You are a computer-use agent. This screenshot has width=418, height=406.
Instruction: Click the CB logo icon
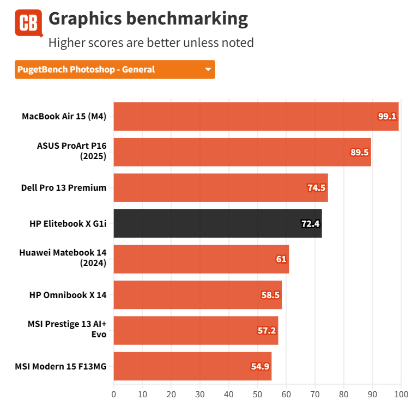(x=28, y=23)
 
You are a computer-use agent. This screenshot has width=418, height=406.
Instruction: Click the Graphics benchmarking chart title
(x=148, y=19)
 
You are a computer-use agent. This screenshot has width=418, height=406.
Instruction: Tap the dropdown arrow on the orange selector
(x=208, y=70)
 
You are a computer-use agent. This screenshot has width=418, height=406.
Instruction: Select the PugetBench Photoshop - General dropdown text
(x=86, y=70)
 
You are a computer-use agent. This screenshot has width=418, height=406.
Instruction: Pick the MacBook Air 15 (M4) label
(x=64, y=116)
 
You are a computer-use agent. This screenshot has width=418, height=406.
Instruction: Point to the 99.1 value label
(x=386, y=116)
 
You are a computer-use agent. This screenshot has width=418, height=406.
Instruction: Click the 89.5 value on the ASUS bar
(x=359, y=152)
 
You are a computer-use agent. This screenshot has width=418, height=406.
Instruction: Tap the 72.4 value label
(x=310, y=223)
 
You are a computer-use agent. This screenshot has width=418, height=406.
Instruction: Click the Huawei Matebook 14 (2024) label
(x=63, y=259)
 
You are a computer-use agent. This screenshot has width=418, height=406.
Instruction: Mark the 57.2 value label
(x=266, y=330)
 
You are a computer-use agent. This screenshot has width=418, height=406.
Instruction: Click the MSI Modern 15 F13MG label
(x=60, y=366)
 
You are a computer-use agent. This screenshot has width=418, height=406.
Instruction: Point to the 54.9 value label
(x=260, y=366)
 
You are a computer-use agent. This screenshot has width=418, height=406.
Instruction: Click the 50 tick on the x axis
(x=257, y=394)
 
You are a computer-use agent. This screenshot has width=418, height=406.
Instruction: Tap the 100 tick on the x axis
(x=401, y=394)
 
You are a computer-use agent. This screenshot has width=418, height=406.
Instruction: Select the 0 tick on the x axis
(x=113, y=394)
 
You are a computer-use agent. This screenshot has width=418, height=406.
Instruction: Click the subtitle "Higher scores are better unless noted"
(x=151, y=42)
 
